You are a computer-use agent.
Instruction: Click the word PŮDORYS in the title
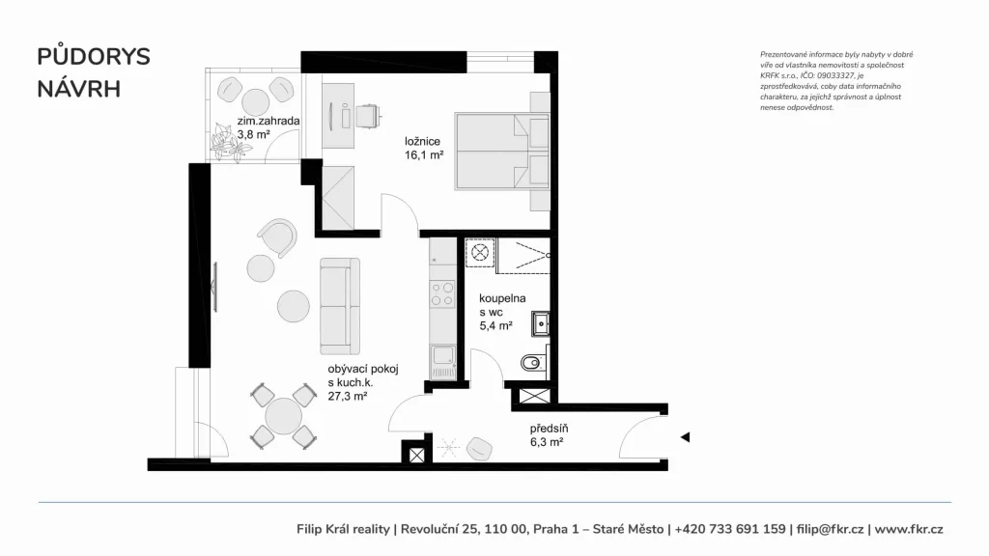(x=94, y=56)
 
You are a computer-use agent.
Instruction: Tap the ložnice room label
(x=423, y=141)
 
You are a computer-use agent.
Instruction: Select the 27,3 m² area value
(x=348, y=396)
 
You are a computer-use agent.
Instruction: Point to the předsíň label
(x=549, y=429)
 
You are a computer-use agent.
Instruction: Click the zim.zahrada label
(x=268, y=121)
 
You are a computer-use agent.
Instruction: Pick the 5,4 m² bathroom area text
(x=495, y=326)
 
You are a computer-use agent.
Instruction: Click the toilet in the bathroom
(x=533, y=363)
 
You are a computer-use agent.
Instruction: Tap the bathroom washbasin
(x=541, y=323)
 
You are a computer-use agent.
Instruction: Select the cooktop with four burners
(x=442, y=294)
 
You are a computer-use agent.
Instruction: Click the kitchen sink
(x=442, y=362)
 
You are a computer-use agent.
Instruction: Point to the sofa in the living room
(x=340, y=306)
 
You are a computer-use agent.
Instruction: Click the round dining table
(x=283, y=416)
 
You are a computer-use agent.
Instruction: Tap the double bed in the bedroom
(x=502, y=151)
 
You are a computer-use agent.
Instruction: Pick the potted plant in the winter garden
(x=230, y=142)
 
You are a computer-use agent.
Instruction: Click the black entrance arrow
(x=685, y=437)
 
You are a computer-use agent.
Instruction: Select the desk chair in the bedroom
(x=368, y=116)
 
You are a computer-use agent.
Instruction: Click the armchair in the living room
(x=277, y=237)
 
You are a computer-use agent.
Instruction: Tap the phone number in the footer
(x=730, y=529)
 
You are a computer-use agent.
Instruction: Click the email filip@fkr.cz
(x=830, y=529)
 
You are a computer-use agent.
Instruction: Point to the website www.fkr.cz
(x=909, y=529)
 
